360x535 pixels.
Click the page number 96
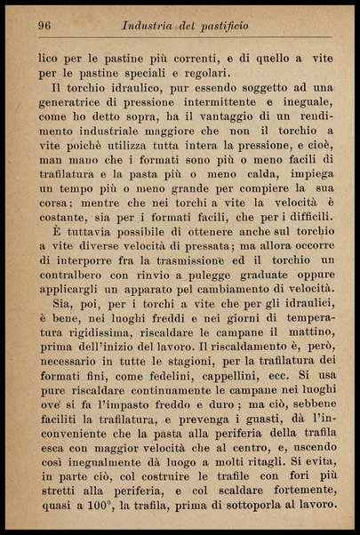44,26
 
